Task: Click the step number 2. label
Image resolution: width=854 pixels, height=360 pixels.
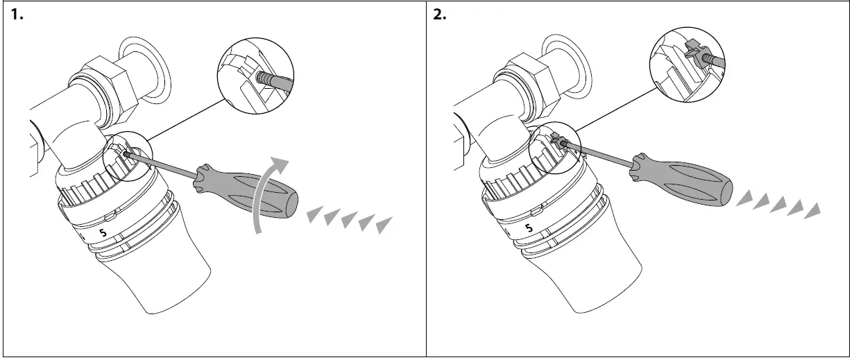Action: point(440,15)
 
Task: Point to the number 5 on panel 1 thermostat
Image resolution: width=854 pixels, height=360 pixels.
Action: point(103,233)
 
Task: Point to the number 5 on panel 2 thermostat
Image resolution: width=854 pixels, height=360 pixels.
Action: point(529,227)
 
